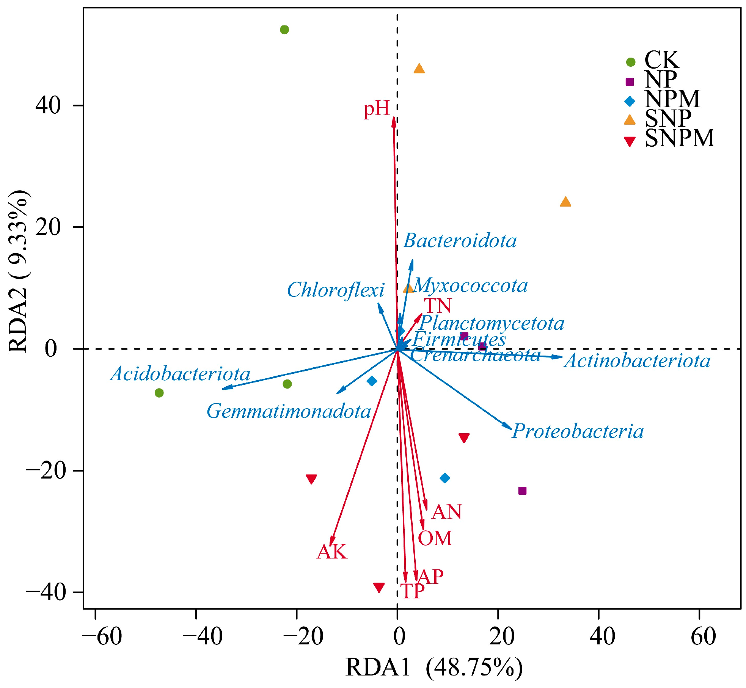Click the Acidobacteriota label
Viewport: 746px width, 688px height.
pos(181,374)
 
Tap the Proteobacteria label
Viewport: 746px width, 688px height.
pos(578,431)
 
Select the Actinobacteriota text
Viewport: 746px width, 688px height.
pos(637,360)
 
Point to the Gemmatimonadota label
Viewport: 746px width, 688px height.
pos(289,411)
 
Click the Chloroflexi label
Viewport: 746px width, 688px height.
pos(336,290)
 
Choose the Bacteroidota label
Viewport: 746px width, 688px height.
pos(460,241)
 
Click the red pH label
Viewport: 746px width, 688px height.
pos(377,109)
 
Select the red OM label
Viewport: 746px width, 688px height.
pos(435,538)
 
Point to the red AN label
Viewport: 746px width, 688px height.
pos(446,512)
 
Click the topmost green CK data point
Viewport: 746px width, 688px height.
pos(284,30)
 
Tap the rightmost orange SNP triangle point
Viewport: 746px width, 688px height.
pos(565,202)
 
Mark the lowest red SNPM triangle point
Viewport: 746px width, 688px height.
pos(379,587)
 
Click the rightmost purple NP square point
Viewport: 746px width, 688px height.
pos(522,491)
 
